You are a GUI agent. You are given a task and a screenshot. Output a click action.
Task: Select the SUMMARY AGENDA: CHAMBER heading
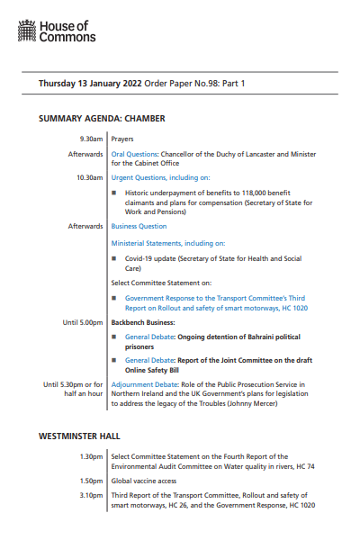click(x=102, y=119)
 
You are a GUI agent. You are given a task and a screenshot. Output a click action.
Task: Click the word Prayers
click(x=123, y=139)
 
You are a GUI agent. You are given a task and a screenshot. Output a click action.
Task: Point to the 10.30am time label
click(x=89, y=177)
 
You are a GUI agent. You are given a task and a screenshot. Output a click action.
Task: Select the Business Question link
click(x=139, y=226)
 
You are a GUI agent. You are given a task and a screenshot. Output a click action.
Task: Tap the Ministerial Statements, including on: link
click(x=167, y=243)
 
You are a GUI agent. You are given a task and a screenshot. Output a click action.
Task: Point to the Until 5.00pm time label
click(x=83, y=296)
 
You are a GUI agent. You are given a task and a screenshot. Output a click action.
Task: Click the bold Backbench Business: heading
click(x=142, y=296)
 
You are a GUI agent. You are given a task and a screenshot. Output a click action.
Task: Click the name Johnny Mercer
click(x=252, y=404)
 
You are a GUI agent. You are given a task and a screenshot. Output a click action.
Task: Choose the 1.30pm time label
click(x=91, y=456)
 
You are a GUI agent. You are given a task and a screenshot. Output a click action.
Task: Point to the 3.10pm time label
click(x=91, y=495)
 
